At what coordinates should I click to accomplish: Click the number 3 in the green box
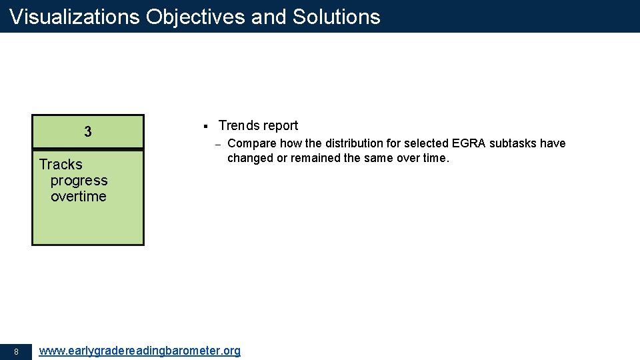pos(88,132)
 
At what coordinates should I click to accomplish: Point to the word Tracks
pos(61,165)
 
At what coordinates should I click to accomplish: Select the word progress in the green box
pos(79,181)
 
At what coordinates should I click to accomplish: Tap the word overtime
pos(79,197)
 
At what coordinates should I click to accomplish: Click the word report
pos(281,126)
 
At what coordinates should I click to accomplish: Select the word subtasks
pos(513,143)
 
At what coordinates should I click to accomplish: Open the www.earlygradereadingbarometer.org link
pos(140,351)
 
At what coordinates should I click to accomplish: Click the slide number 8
pos(16,351)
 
